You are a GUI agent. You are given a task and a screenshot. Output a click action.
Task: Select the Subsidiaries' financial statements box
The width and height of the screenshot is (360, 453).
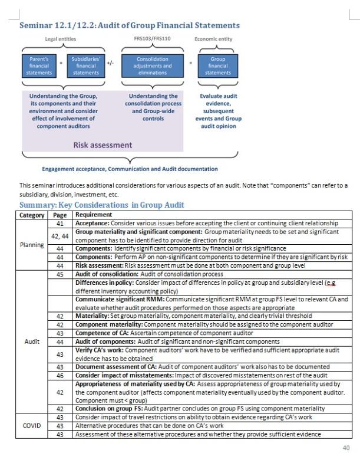pyautogui.click(x=86, y=65)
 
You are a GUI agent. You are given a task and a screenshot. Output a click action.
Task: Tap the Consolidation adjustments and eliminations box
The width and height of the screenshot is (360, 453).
pyautogui.click(x=153, y=65)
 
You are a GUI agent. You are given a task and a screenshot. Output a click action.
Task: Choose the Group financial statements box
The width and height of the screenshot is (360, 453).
pyautogui.click(x=218, y=65)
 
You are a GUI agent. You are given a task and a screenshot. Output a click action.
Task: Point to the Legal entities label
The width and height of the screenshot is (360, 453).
pyautogui.click(x=61, y=39)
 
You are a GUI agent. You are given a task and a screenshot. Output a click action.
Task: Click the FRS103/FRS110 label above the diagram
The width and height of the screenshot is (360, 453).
pyautogui.click(x=153, y=39)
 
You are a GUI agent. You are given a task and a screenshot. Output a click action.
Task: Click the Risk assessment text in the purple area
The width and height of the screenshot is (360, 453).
pyautogui.click(x=103, y=145)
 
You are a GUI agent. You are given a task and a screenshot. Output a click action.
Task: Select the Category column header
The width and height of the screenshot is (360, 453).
pyautogui.click(x=32, y=215)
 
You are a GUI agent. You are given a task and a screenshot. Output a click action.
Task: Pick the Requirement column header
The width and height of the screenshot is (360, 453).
pyautogui.click(x=94, y=215)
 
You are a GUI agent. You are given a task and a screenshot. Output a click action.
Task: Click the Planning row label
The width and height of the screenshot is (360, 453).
pyautogui.click(x=32, y=244)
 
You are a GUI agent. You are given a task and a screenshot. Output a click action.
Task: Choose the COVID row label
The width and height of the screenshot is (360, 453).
pyautogui.click(x=32, y=425)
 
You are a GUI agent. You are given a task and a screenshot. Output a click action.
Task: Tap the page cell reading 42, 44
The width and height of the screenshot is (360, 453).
pyautogui.click(x=60, y=236)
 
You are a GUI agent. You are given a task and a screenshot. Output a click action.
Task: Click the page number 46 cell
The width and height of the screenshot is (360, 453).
pyautogui.click(x=60, y=375)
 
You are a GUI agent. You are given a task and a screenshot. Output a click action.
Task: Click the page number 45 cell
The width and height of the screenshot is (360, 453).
pyautogui.click(x=60, y=274)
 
